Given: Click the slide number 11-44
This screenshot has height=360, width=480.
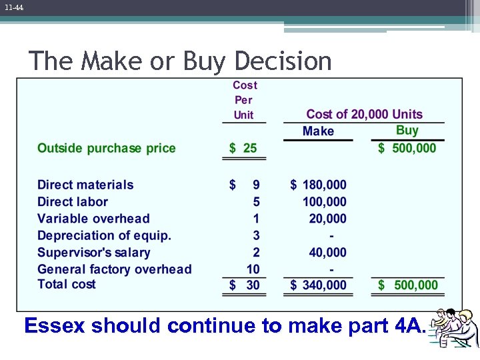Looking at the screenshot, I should [13, 7].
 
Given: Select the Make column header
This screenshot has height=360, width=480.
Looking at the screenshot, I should [318, 131].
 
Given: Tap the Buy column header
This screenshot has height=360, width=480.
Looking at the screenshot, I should [407, 131].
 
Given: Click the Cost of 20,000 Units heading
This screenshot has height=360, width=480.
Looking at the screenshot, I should [364, 115].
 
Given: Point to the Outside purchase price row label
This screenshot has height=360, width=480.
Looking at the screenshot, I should [107, 148].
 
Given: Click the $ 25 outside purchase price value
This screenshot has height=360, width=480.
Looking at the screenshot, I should [243, 148].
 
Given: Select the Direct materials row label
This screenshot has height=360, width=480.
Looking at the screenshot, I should [85, 185].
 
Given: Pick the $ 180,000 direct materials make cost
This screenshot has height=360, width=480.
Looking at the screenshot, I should [319, 185].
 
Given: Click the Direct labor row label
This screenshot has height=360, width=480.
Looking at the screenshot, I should [73, 201].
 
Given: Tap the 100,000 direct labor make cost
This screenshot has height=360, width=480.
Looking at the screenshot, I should [325, 201].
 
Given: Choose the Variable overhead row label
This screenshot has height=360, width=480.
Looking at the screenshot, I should [93, 218].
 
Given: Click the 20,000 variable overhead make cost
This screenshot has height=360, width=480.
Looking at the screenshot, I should [327, 218].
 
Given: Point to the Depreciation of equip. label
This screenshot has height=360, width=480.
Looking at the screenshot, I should [104, 235].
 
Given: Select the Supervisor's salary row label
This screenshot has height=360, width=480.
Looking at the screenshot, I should [94, 252].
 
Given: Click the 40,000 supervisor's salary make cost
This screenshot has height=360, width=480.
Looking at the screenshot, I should [327, 252].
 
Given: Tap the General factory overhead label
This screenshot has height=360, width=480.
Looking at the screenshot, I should [115, 269].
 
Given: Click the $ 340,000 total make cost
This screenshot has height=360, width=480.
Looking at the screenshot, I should [319, 285].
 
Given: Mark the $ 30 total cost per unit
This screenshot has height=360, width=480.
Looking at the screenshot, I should [244, 285].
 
